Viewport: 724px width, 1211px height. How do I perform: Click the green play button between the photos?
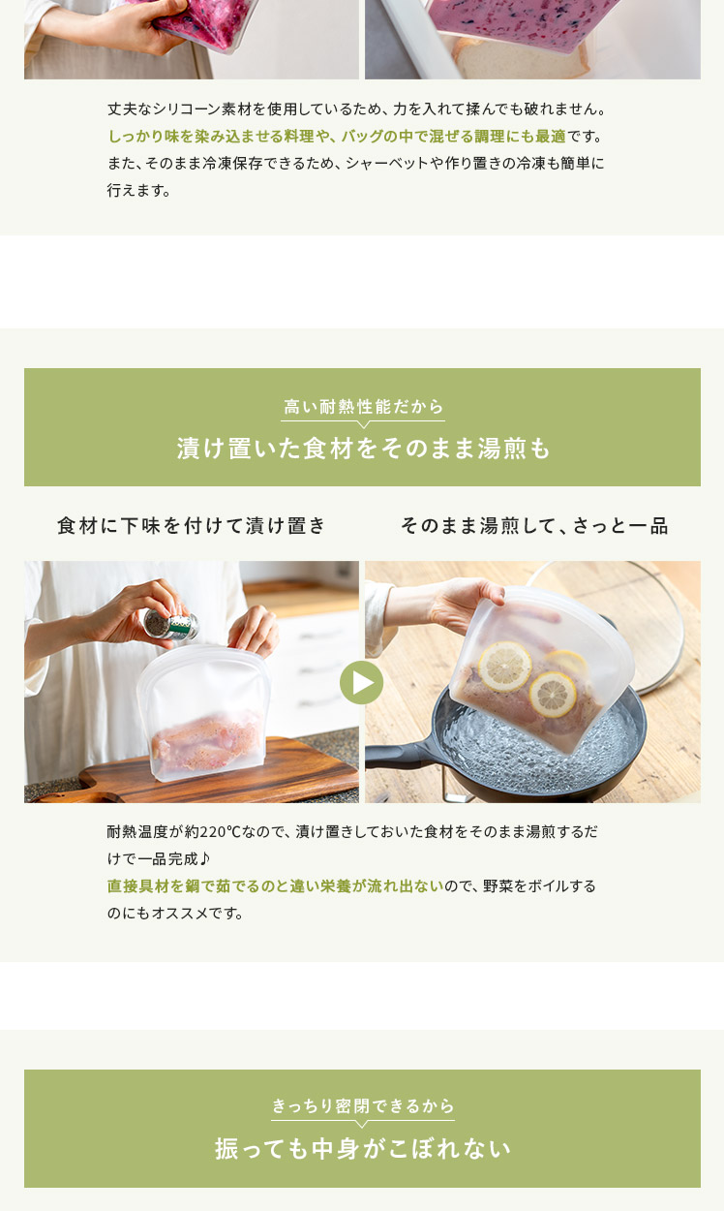tap(361, 682)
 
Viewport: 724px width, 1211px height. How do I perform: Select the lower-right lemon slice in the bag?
tap(553, 695)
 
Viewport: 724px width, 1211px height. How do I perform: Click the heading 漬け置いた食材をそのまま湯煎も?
tap(363, 449)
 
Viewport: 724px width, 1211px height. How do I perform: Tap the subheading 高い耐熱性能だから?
tap(363, 407)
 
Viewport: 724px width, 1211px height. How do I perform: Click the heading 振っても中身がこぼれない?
tap(363, 1148)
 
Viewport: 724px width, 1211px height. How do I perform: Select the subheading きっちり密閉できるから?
tap(363, 1106)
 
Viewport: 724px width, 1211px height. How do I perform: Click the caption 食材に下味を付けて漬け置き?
tap(192, 525)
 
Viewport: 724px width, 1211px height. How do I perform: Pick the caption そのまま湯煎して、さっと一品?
tap(534, 525)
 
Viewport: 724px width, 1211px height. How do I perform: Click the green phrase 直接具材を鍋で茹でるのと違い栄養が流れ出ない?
tap(275, 885)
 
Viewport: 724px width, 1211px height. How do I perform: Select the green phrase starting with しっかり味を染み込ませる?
tap(337, 136)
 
